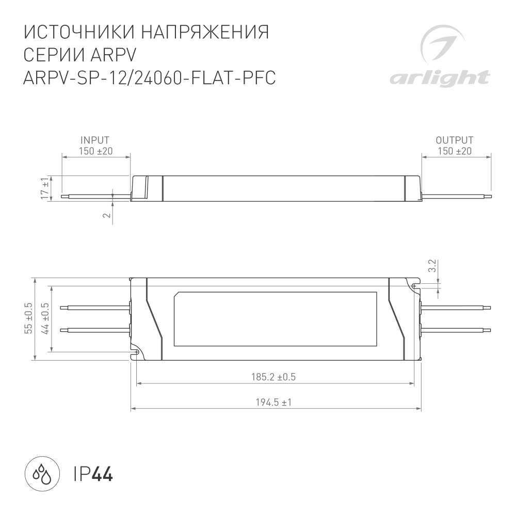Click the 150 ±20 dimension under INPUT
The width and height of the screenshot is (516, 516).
pos(95,151)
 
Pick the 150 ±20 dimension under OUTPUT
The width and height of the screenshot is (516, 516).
pos(455,151)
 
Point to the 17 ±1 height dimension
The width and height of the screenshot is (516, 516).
pos(45,188)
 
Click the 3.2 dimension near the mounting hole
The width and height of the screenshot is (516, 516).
pos(432,265)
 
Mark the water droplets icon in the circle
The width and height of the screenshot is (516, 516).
pos(40,473)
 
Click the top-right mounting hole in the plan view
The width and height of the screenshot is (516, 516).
pos(414,285)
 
